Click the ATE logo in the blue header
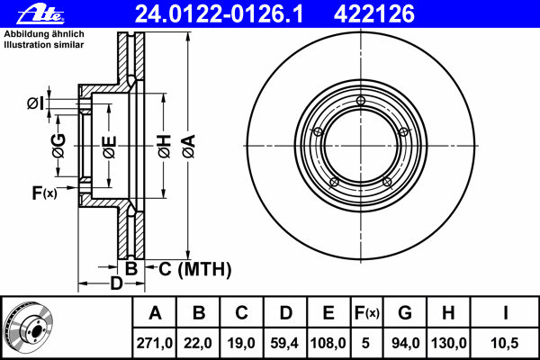(40, 15)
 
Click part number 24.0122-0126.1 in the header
(219, 14)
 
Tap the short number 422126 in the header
(374, 14)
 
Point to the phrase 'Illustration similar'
(44, 45)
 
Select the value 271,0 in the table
(154, 343)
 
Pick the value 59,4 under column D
(284, 343)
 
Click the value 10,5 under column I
(505, 343)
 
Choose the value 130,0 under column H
(449, 343)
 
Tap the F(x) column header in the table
(367, 313)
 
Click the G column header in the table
(405, 313)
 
